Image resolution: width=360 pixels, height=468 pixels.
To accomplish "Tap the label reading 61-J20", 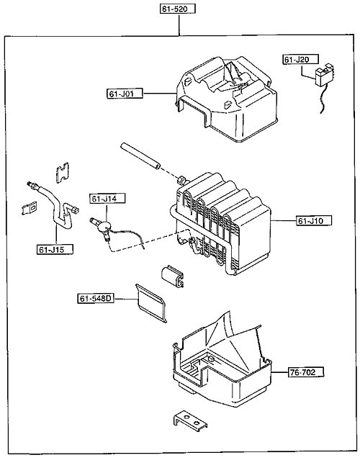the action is (300, 59).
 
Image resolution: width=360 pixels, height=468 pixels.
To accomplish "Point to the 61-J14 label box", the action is (107, 199).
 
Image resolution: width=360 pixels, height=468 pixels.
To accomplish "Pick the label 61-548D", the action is (96, 298).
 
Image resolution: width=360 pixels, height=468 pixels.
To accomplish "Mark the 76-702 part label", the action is (306, 372).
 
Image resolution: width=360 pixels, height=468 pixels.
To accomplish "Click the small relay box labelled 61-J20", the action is (324, 75).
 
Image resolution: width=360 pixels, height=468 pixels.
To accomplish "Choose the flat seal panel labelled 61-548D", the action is (151, 303).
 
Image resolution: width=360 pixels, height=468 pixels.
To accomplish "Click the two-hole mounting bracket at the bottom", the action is (190, 421).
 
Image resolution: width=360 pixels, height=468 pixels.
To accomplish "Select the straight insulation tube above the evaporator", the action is (140, 157).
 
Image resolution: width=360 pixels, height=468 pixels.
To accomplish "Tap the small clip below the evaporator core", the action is (173, 275).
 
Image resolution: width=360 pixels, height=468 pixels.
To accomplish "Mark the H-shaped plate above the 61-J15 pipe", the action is (63, 172).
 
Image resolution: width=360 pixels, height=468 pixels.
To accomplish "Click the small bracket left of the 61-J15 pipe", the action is (30, 208).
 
